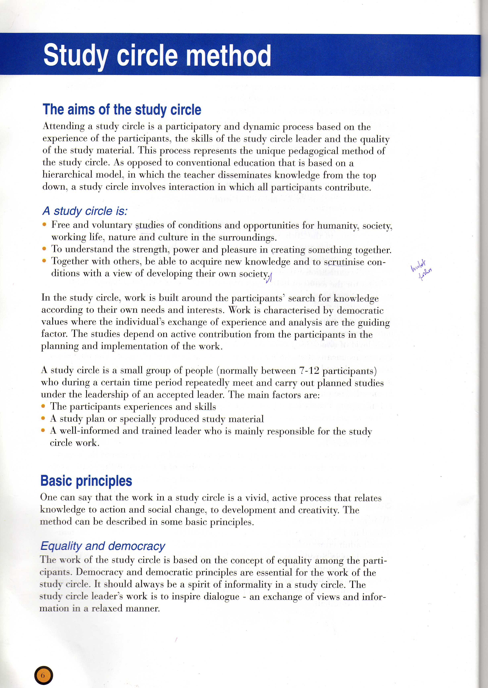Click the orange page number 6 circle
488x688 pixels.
click(x=44, y=675)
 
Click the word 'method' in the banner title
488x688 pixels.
click(x=228, y=56)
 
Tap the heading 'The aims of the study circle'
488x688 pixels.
click(x=122, y=109)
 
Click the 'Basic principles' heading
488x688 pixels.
click(x=86, y=481)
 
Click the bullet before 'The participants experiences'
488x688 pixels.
click(x=43, y=406)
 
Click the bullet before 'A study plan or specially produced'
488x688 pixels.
click(x=43, y=418)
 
